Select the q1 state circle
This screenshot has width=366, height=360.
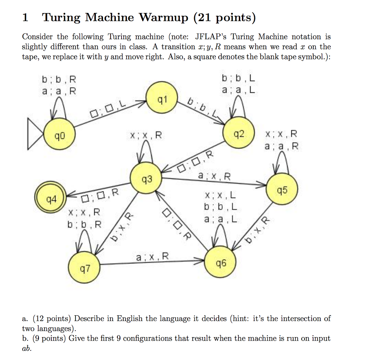pyautogui.click(x=162, y=98)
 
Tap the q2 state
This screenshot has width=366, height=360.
pyautogui.click(x=239, y=134)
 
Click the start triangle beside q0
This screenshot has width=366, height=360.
pyautogui.click(x=35, y=136)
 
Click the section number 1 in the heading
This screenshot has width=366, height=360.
pyautogui.click(x=25, y=17)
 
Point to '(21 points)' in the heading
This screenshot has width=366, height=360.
pyautogui.click(x=224, y=17)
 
